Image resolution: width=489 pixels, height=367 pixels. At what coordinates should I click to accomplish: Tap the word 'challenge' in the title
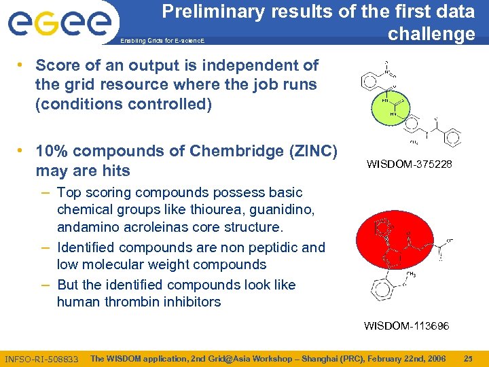[x=431, y=34]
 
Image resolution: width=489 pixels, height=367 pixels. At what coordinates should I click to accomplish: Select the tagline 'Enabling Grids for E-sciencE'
[x=162, y=41]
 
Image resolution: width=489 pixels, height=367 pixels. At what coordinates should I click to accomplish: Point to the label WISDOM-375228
[x=408, y=164]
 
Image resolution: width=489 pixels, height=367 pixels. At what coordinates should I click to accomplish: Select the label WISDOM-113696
[x=406, y=326]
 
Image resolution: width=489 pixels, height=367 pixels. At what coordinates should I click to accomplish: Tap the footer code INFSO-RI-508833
[x=41, y=359]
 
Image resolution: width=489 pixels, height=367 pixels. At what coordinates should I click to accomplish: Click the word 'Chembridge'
[x=244, y=151]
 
